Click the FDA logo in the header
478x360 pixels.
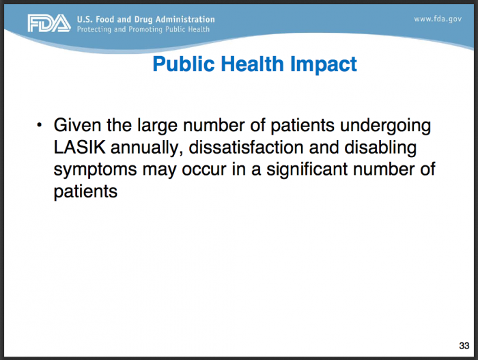pos(49,23)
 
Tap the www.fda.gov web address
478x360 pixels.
pos(438,19)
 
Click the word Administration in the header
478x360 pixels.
pos(185,20)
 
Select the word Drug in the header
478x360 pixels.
pos(143,20)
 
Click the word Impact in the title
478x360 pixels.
pos(324,64)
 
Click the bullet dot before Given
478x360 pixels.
pos(39,126)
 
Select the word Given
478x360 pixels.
pos(77,125)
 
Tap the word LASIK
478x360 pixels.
pos(80,148)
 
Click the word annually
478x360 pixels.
pos(147,148)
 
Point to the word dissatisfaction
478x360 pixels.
pos(246,148)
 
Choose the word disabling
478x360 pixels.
pos(380,148)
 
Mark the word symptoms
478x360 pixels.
pos(95,170)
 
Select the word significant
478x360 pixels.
pos(307,169)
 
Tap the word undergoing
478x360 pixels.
pos(385,126)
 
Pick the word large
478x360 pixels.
pos(157,126)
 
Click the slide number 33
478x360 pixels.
pos(464,346)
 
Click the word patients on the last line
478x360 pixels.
pos(85,192)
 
